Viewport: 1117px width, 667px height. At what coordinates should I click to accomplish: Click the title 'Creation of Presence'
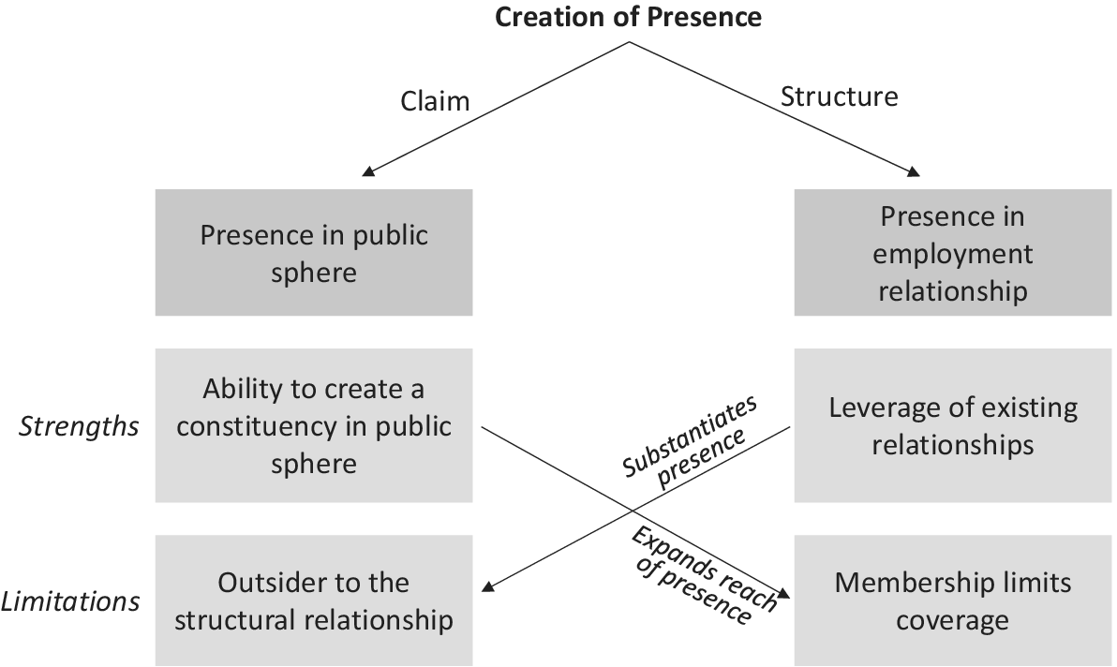click(628, 17)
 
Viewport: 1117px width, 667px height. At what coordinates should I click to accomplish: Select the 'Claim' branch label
click(435, 100)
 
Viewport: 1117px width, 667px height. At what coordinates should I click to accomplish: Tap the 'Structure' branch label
click(839, 96)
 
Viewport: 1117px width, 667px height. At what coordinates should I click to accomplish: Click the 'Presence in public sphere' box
click(314, 253)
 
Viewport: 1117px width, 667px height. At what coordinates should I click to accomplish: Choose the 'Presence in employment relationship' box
click(952, 253)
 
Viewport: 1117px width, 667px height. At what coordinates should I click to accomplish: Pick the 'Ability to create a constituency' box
click(314, 426)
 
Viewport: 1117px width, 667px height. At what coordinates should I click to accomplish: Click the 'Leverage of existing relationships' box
click(952, 426)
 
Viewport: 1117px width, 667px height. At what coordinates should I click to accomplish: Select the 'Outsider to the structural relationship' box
click(314, 600)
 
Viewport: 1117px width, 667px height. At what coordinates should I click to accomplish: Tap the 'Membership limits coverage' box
click(952, 600)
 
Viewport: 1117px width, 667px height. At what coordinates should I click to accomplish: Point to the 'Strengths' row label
click(80, 427)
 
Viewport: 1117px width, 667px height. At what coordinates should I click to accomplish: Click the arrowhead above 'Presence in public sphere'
click(368, 171)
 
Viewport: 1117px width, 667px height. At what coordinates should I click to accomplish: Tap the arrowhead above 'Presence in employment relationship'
click(913, 171)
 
